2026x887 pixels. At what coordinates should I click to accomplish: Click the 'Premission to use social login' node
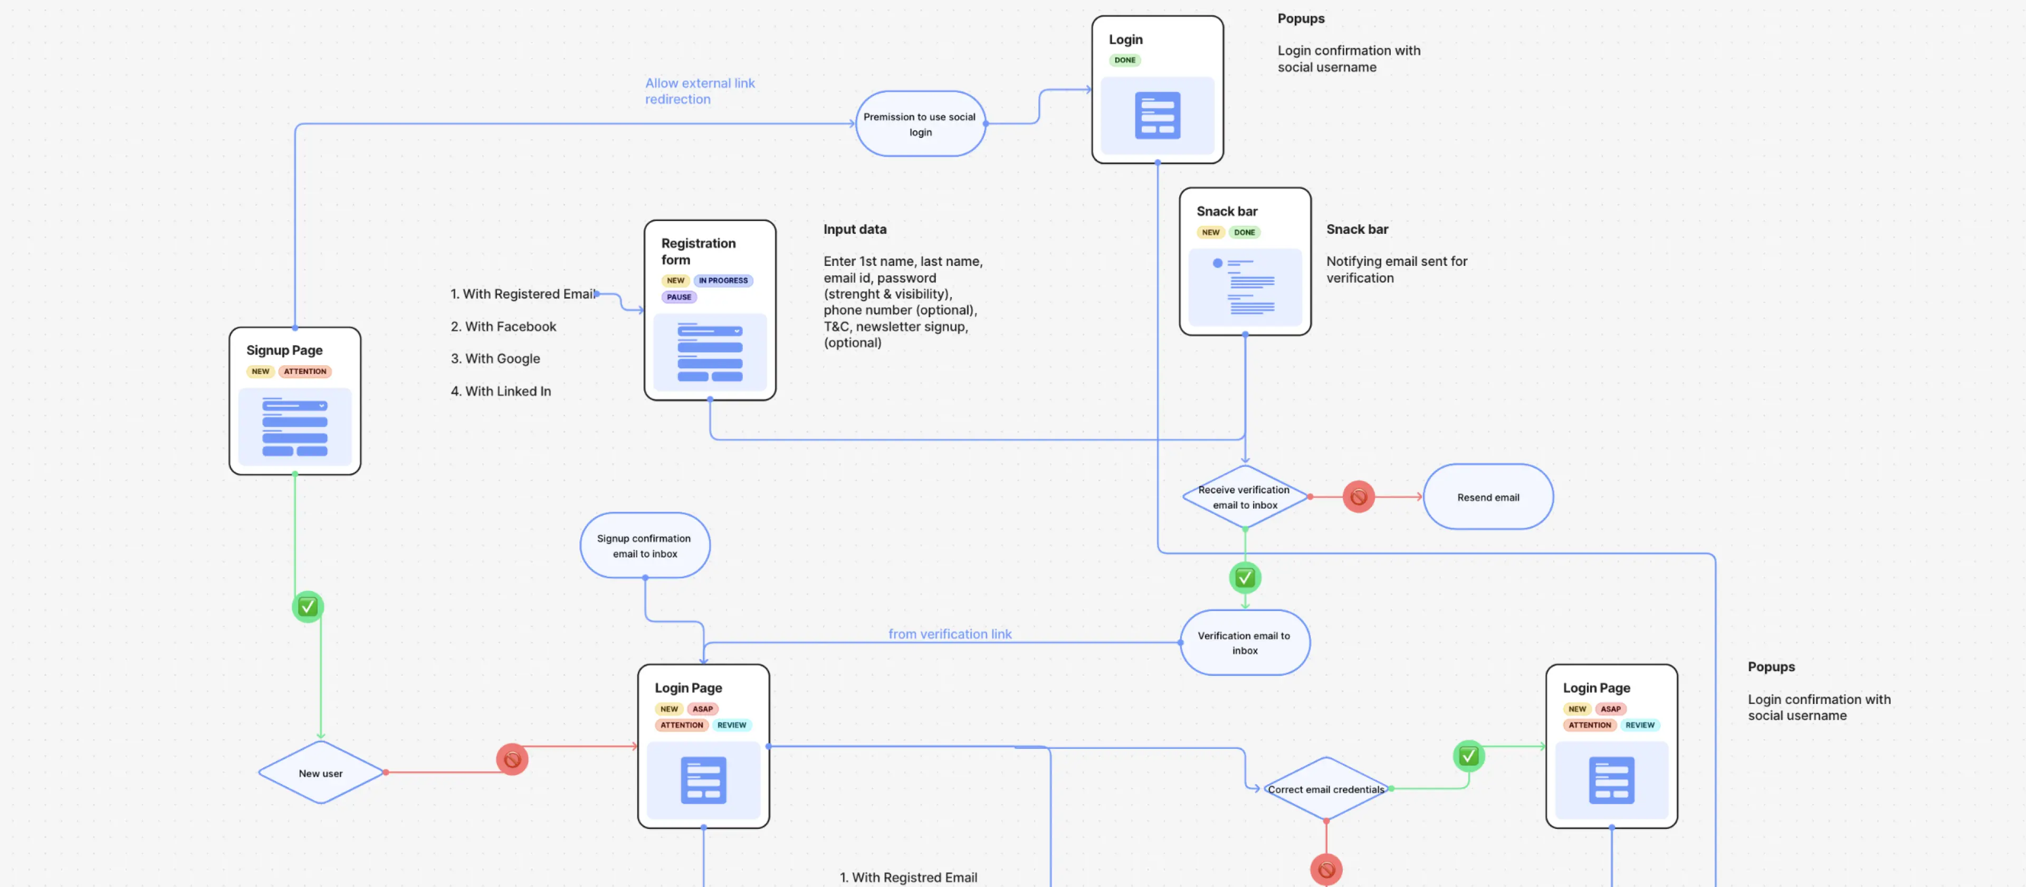click(920, 124)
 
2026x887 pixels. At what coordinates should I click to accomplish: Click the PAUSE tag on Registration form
click(678, 297)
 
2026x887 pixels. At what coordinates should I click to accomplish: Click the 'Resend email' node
click(1487, 497)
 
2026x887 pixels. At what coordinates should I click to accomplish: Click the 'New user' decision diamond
click(320, 773)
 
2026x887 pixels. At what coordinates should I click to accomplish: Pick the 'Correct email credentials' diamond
click(1325, 789)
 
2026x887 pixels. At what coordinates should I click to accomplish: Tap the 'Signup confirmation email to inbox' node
click(644, 546)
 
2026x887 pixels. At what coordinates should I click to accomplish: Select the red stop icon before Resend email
click(1358, 497)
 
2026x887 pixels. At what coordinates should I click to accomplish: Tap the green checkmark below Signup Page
click(308, 607)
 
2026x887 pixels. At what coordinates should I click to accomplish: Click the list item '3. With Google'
click(495, 359)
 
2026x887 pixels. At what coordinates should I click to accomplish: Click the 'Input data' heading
click(854, 230)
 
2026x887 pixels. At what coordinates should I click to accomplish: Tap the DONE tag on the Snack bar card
click(1244, 233)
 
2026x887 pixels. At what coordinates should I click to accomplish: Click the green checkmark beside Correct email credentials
click(1468, 756)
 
